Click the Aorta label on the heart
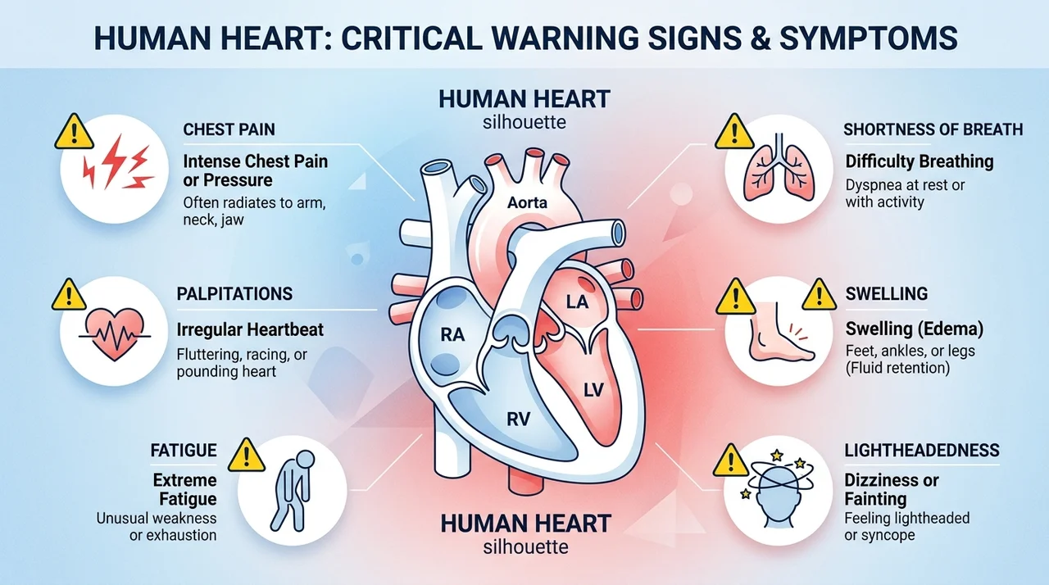(527, 202)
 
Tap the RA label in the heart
(453, 334)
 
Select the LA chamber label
(577, 302)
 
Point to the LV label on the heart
(593, 390)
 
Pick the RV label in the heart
(519, 419)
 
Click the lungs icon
(779, 168)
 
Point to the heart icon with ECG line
(115, 334)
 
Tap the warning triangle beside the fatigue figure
(247, 455)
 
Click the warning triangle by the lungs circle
(734, 132)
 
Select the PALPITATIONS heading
(234, 294)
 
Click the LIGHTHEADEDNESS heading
(922, 450)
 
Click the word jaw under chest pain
(233, 220)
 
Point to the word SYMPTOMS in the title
(868, 38)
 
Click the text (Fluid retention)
(897, 368)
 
